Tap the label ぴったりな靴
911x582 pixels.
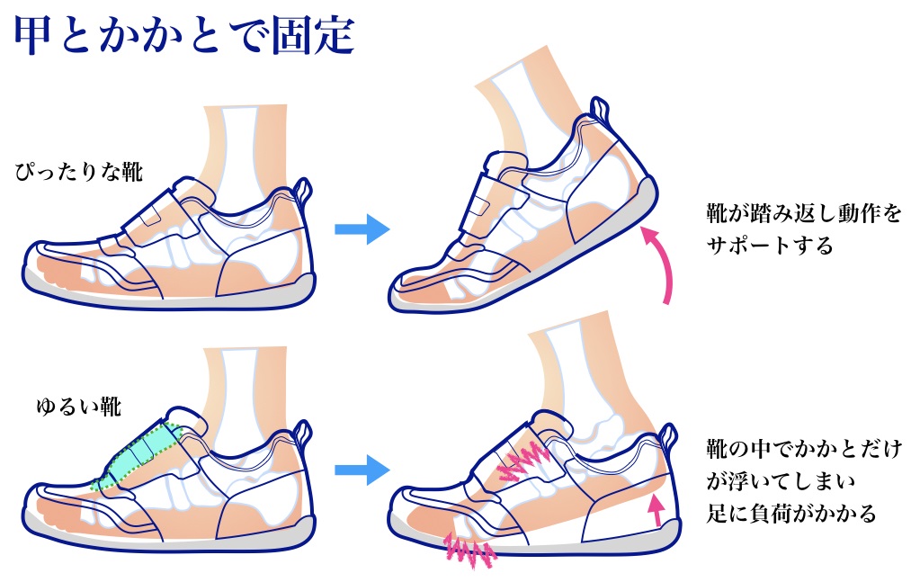click(79, 172)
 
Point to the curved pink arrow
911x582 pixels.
click(662, 265)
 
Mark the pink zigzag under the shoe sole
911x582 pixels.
click(468, 550)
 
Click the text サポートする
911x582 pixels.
click(770, 246)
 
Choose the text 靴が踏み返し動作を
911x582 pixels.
click(803, 215)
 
